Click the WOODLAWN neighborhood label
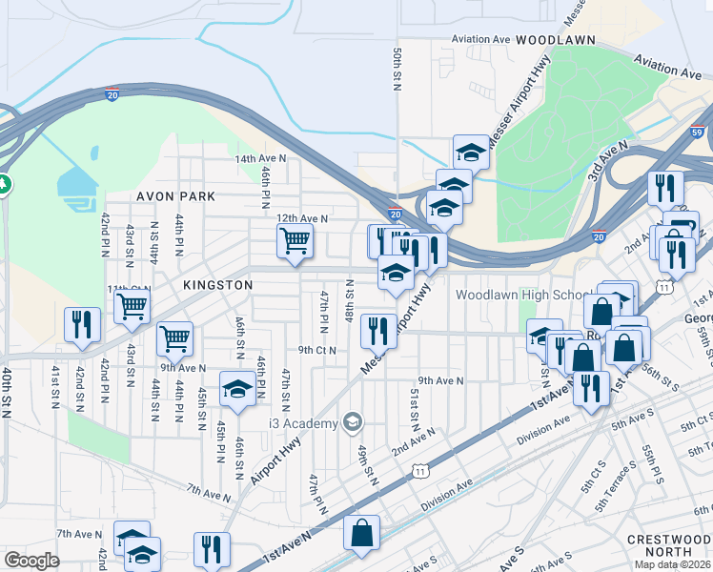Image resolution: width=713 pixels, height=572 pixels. click(x=556, y=40)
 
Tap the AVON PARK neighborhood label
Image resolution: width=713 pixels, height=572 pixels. click(x=176, y=196)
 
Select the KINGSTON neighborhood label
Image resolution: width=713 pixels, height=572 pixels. click(x=213, y=285)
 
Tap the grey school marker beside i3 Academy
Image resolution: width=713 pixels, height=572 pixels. click(x=354, y=422)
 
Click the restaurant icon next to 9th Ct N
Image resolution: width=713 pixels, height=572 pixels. click(x=378, y=331)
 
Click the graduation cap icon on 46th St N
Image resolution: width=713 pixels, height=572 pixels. click(x=237, y=388)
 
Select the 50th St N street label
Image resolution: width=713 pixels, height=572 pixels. click(x=397, y=66)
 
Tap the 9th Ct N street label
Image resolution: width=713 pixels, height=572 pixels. click(x=316, y=350)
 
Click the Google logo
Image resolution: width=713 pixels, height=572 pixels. click(x=31, y=560)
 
